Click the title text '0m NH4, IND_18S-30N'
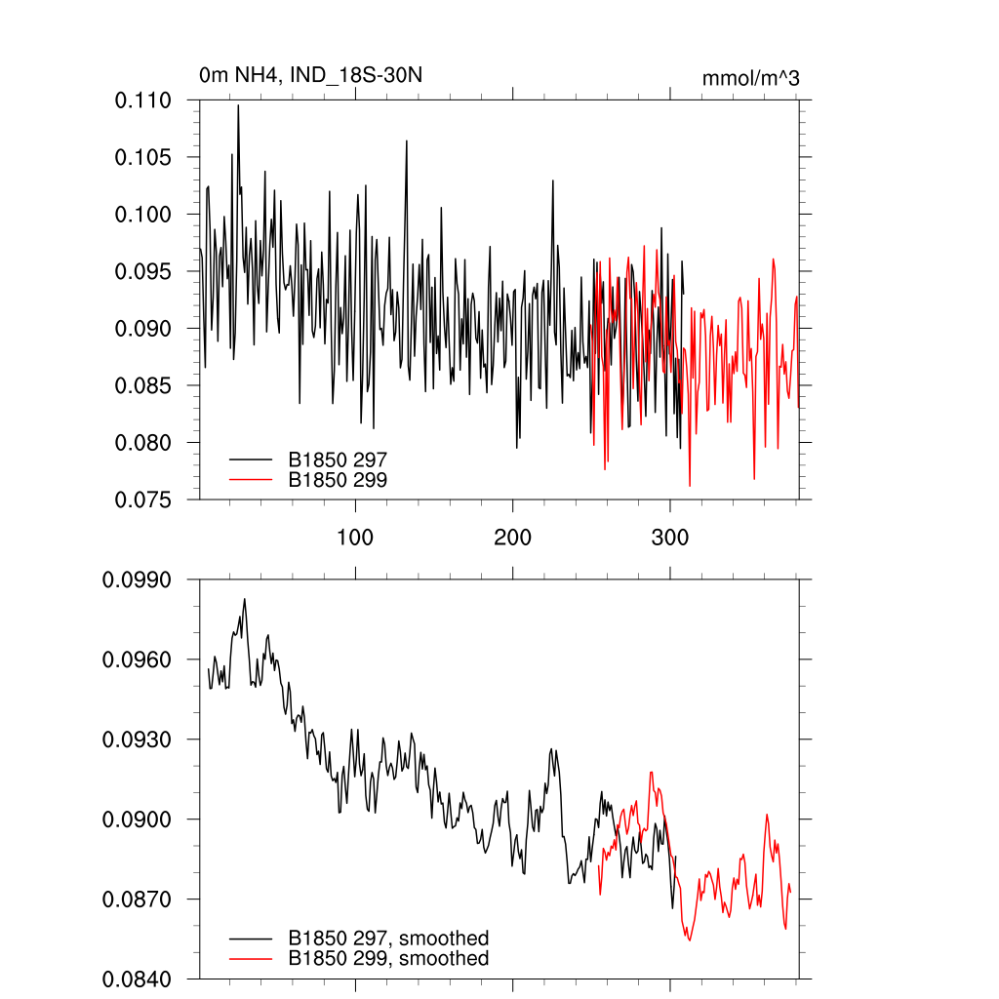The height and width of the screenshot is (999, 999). pos(310,74)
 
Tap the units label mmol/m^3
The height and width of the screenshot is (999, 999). pos(750,78)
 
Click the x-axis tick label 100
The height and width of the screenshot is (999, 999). pos(355,538)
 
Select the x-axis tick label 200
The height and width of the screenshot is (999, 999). pos(513,538)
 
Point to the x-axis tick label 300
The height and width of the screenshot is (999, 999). pos(670,538)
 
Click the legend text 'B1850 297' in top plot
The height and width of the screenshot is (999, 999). pos(338,459)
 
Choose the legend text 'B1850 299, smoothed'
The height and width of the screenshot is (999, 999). pos(388,959)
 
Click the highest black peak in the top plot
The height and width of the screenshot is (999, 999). pos(238,105)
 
